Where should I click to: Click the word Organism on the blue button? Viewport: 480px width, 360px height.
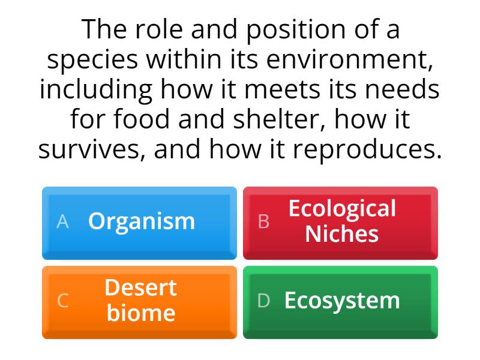tap(142, 221)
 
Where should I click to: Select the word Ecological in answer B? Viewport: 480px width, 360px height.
tap(342, 209)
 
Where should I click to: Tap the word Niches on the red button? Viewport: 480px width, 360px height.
tap(342, 234)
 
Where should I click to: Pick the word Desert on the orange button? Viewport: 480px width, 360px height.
tap(141, 287)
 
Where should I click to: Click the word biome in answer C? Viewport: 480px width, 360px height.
tap(141, 313)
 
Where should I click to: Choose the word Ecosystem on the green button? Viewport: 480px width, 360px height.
tap(342, 300)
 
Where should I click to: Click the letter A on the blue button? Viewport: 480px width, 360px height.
tap(62, 221)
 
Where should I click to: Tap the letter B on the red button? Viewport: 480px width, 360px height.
tap(263, 221)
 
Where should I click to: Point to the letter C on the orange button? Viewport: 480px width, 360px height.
tap(62, 301)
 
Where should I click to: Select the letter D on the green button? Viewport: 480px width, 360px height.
tap(263, 301)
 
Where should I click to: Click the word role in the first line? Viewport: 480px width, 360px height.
tap(152, 30)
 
